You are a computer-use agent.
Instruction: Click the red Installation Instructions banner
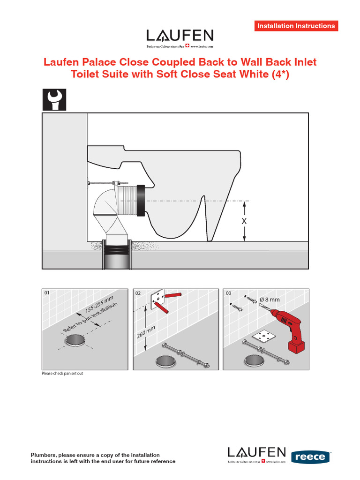[x=296, y=26]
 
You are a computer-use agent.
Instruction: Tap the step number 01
[x=47, y=293]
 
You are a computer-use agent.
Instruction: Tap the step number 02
[x=138, y=293]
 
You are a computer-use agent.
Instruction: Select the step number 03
[x=229, y=293]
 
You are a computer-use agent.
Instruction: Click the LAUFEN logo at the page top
[x=180, y=36]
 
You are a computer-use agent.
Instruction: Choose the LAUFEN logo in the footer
[x=256, y=453]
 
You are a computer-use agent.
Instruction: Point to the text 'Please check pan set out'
[x=63, y=374]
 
